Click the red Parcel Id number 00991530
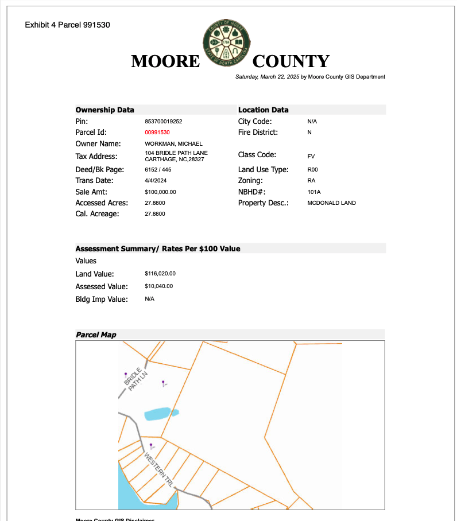click(157, 133)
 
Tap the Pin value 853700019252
click(164, 122)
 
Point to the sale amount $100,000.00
click(161, 192)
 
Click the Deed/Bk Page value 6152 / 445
click(158, 170)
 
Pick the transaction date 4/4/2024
click(155, 181)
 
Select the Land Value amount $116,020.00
click(160, 274)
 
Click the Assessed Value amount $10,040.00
click(159, 286)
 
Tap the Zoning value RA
click(311, 181)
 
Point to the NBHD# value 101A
click(313, 192)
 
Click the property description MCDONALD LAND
click(331, 203)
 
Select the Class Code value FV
click(311, 156)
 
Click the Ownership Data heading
click(105, 110)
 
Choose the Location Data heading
click(264, 110)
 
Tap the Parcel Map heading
click(96, 335)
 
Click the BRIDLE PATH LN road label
click(136, 379)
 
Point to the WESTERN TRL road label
click(159, 470)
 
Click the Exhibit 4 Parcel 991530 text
click(68, 25)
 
